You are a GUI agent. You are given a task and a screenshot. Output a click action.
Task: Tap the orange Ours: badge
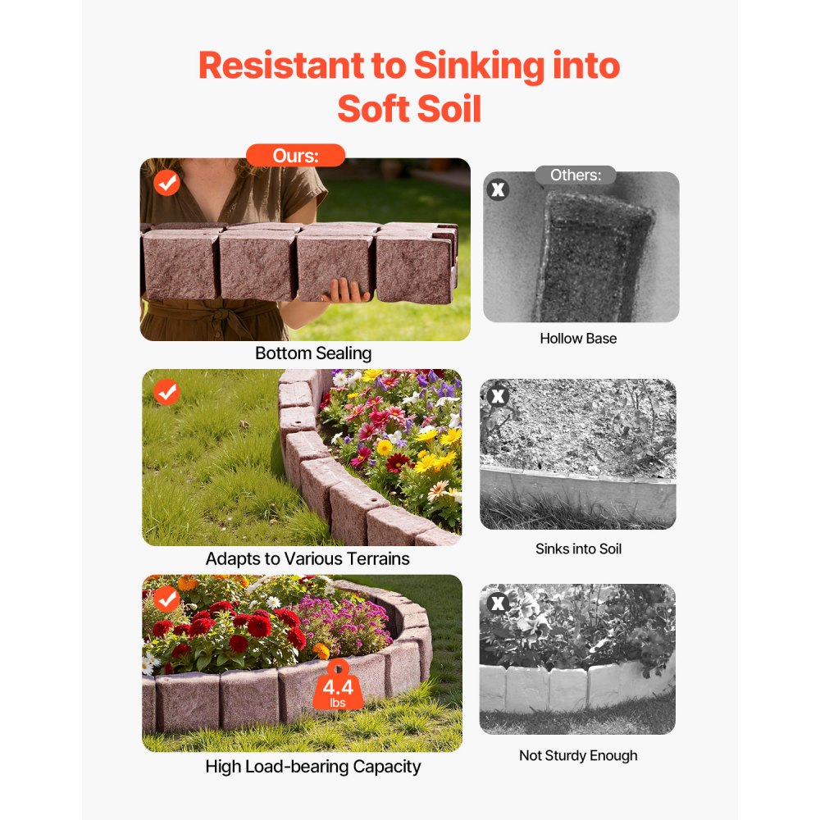[295, 156]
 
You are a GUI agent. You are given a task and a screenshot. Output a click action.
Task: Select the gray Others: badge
[576, 175]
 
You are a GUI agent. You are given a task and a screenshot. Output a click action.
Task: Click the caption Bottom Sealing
[313, 353]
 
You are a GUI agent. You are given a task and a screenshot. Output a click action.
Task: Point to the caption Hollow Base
[578, 338]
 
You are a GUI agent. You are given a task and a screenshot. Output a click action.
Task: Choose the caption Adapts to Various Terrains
[307, 559]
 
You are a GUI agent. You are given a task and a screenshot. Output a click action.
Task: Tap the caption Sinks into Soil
[578, 549]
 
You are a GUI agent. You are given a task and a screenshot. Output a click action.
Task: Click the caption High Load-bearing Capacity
[313, 767]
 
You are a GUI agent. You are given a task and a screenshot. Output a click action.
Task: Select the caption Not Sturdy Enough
[578, 755]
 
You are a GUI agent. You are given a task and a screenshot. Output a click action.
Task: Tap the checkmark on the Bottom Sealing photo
[167, 183]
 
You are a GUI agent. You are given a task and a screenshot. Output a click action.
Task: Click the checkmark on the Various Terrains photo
[166, 393]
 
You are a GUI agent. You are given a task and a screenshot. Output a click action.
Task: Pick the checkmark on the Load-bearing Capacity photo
[166, 599]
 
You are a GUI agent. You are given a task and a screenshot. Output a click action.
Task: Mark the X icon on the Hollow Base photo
[498, 190]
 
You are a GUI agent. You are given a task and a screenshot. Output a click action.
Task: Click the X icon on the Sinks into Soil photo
[497, 397]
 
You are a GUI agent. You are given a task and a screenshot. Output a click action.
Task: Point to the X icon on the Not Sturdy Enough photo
[497, 604]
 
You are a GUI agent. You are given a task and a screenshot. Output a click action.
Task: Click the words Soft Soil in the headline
[408, 109]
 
